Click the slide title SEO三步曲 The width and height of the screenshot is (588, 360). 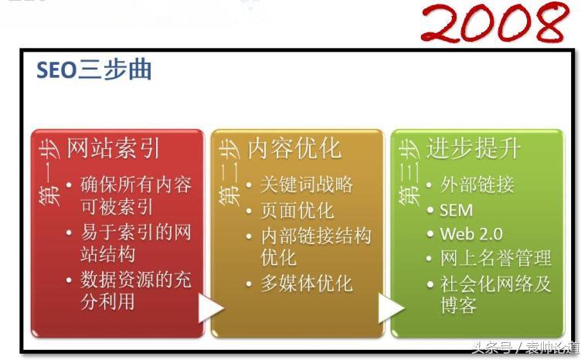coord(94,70)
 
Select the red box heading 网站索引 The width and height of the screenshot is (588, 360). coord(114,148)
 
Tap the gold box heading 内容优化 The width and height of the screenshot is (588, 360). coord(294,148)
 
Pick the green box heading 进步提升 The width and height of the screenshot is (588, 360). coord(473,148)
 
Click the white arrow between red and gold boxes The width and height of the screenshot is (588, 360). coord(211,308)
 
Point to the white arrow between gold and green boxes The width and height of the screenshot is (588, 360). coord(391,308)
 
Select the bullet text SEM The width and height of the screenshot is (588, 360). coord(456,210)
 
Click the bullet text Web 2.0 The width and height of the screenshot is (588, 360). coord(471,234)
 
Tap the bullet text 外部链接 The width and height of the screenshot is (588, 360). coord(477,185)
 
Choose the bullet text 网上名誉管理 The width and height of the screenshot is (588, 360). coord(496,258)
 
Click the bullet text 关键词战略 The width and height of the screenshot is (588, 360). coord(307,185)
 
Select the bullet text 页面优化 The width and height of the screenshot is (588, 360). coord(297,210)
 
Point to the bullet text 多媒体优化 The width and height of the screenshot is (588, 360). coord(307,283)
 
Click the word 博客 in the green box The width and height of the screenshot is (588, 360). coord(458,305)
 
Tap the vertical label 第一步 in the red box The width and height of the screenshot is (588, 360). coord(49,172)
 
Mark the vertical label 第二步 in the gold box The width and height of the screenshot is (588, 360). coord(229,172)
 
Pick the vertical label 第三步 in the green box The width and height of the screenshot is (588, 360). coord(409,172)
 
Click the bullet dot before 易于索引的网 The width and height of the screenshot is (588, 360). coord(69,233)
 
